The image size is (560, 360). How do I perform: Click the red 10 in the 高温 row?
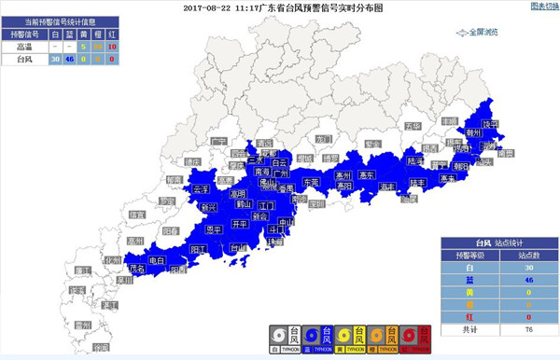tap(112, 45)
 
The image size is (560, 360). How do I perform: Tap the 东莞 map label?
tap(311, 183)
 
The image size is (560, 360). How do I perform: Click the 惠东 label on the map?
tap(367, 175)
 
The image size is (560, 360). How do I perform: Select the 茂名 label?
tap(138, 268)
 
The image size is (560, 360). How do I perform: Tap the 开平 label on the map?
tap(240, 224)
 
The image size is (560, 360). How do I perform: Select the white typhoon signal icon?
tap(277, 338)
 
